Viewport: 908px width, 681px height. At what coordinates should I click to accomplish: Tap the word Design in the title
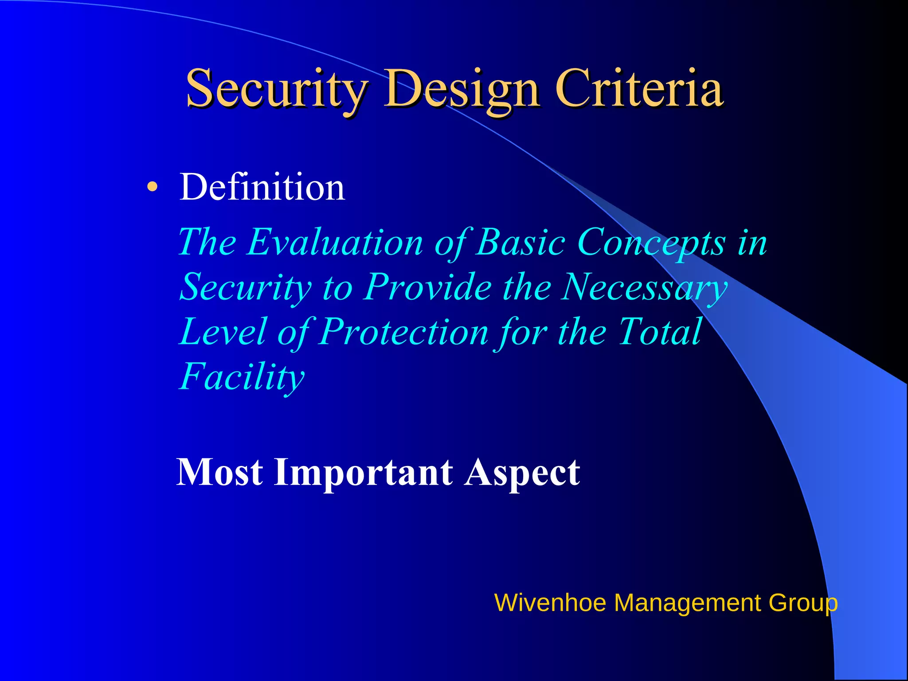(x=461, y=89)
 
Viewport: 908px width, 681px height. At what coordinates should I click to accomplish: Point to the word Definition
(x=262, y=187)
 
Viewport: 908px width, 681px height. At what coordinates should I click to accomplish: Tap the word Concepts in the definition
(x=652, y=243)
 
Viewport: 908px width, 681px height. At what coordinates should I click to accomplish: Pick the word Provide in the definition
(x=428, y=287)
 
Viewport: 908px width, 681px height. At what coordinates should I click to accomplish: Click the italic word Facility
(x=242, y=377)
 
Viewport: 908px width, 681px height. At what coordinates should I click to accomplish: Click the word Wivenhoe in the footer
(x=550, y=603)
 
